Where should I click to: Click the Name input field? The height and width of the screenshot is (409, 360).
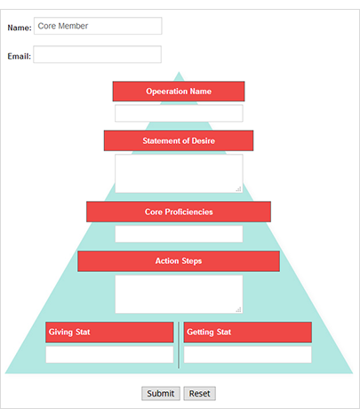point(98,26)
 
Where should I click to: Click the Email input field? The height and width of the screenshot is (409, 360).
point(97,54)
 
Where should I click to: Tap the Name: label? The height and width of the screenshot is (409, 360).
point(20,28)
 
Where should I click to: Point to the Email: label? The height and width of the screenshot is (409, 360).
point(19,56)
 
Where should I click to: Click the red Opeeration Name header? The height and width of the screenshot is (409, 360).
point(179,92)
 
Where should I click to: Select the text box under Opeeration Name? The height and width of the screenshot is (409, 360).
point(179,113)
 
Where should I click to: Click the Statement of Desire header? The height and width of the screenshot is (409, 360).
point(179,140)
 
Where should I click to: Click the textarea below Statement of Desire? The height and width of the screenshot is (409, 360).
point(179,173)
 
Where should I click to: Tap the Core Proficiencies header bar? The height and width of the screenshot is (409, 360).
point(179,212)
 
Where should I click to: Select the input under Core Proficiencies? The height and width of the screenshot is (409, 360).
point(179,234)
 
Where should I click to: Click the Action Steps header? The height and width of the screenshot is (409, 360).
point(179,261)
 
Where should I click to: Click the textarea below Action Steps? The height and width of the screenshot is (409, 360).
point(179,294)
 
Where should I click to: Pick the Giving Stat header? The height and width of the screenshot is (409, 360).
point(109,333)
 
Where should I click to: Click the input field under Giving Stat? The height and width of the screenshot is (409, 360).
point(109,355)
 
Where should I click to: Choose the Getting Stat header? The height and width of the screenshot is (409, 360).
point(248,333)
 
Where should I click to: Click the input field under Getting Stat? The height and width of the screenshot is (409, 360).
point(248,355)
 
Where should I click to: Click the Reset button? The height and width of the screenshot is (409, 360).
point(199,394)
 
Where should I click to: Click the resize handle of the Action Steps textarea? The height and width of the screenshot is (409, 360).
point(239,309)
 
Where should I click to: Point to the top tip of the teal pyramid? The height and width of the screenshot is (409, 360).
point(179,72)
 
